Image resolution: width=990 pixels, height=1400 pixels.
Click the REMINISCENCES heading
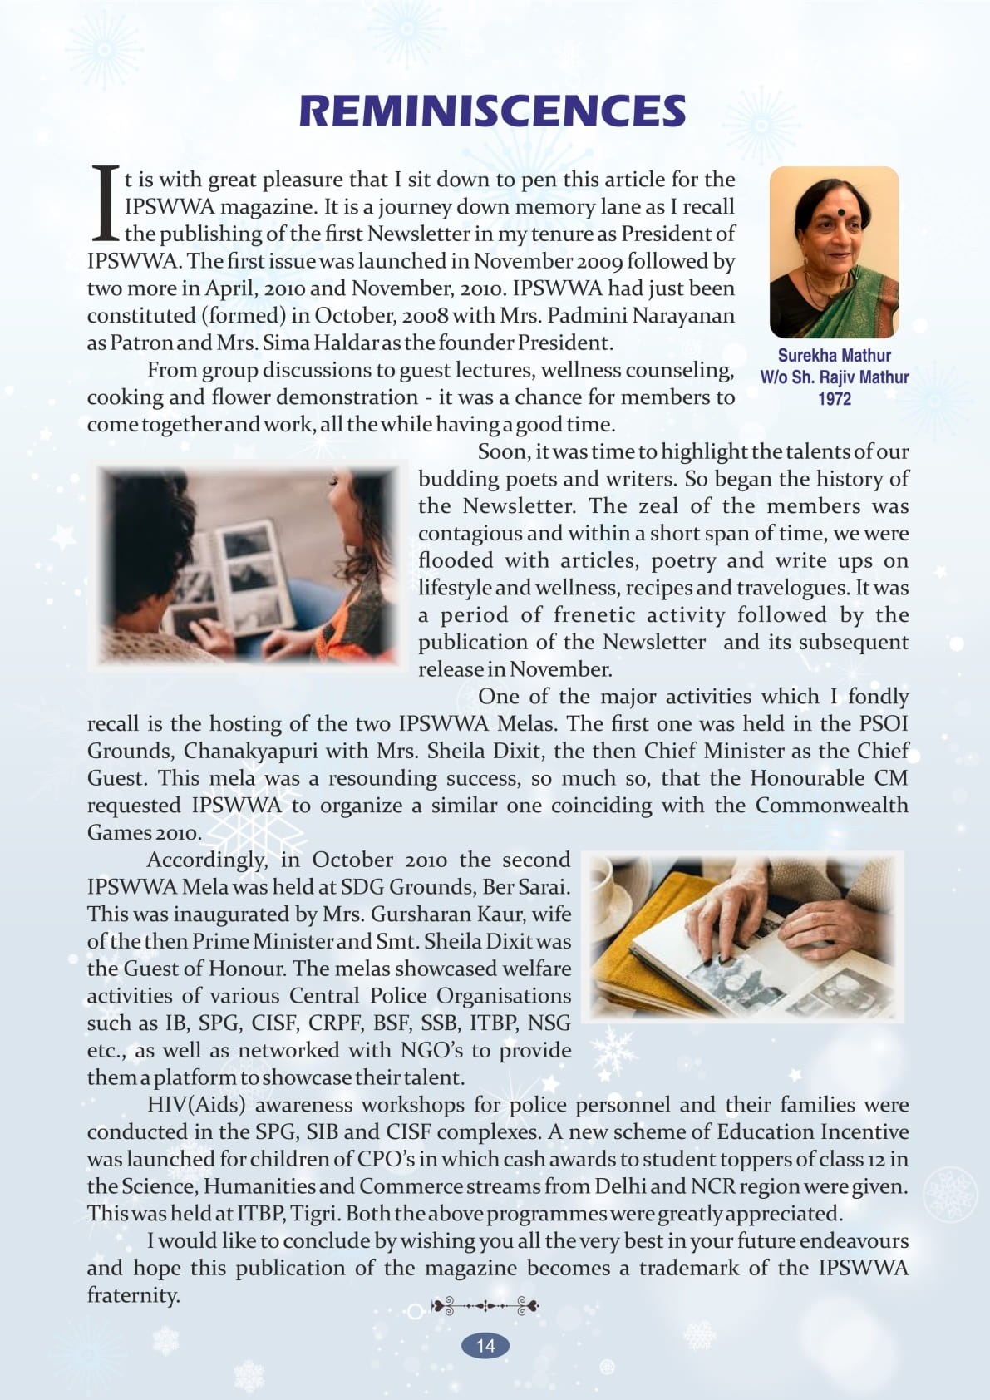492,111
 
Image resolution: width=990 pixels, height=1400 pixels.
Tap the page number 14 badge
485,1346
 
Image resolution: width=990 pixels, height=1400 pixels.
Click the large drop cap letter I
105,203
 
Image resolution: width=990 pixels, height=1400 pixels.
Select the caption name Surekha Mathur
834,356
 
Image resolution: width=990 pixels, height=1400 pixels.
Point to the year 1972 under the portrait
834,399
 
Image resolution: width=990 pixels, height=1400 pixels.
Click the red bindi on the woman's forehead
840,211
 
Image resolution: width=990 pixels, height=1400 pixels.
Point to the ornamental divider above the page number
485,1306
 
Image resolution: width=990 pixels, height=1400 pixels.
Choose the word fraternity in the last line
133,1295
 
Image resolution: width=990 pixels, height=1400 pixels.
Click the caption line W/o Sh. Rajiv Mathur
834,377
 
